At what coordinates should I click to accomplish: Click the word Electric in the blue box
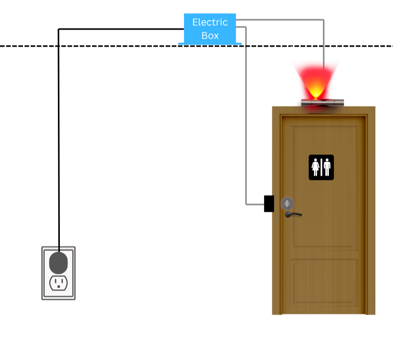pos(210,22)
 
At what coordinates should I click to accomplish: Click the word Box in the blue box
pos(210,36)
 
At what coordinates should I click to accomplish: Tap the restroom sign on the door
pos(321,167)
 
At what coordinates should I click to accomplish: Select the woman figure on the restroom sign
pos(316,167)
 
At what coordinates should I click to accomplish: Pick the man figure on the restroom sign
pos(327,167)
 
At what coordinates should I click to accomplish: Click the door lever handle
pos(293,214)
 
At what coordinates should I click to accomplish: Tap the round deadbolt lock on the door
pos(287,203)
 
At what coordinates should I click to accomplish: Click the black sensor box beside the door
pos(269,204)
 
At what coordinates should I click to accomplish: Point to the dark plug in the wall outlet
pos(58,263)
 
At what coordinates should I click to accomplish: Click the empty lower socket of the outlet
pos(58,283)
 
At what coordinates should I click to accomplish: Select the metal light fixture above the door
pos(322,103)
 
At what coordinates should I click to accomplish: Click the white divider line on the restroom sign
pos(321,167)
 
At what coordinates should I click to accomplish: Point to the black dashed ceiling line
pos(196,46)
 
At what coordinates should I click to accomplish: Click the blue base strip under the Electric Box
pos(210,44)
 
